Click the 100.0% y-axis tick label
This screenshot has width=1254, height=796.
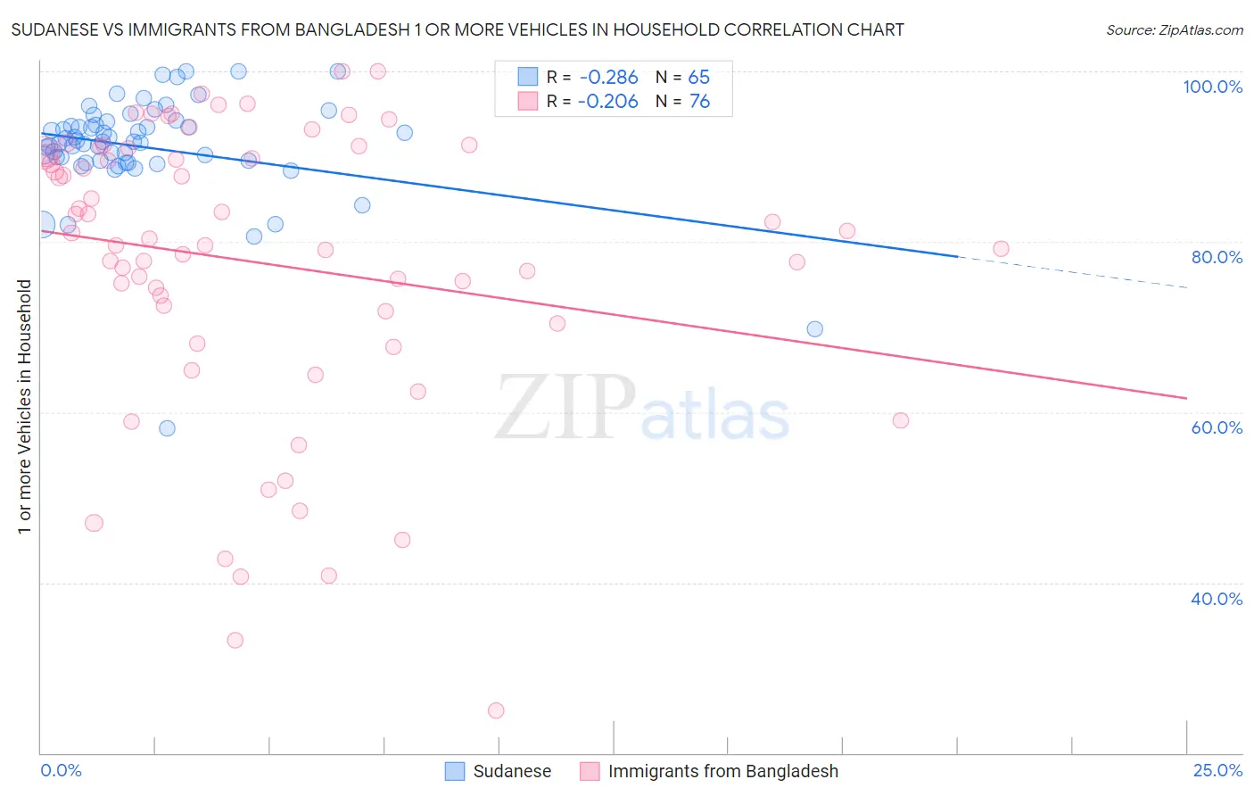1212,87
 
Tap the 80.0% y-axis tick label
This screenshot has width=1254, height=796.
1217,257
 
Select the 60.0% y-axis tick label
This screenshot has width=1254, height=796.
1217,427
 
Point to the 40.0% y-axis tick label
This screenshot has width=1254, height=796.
1217,599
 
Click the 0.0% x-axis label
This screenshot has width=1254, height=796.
61,770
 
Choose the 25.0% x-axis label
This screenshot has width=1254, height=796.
1217,770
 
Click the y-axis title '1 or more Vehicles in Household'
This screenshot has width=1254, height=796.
24,407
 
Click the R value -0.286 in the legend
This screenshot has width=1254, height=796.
607,78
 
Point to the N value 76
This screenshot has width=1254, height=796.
699,102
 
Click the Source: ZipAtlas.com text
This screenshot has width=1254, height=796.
1174,29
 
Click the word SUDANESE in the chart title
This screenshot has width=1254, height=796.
56,29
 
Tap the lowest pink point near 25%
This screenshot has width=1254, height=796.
496,710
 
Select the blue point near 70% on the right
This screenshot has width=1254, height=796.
814,329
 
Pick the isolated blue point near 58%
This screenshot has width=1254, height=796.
167,428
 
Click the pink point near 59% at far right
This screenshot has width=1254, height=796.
900,420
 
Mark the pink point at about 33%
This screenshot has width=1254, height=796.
235,640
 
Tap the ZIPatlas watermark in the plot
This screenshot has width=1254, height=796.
642,409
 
